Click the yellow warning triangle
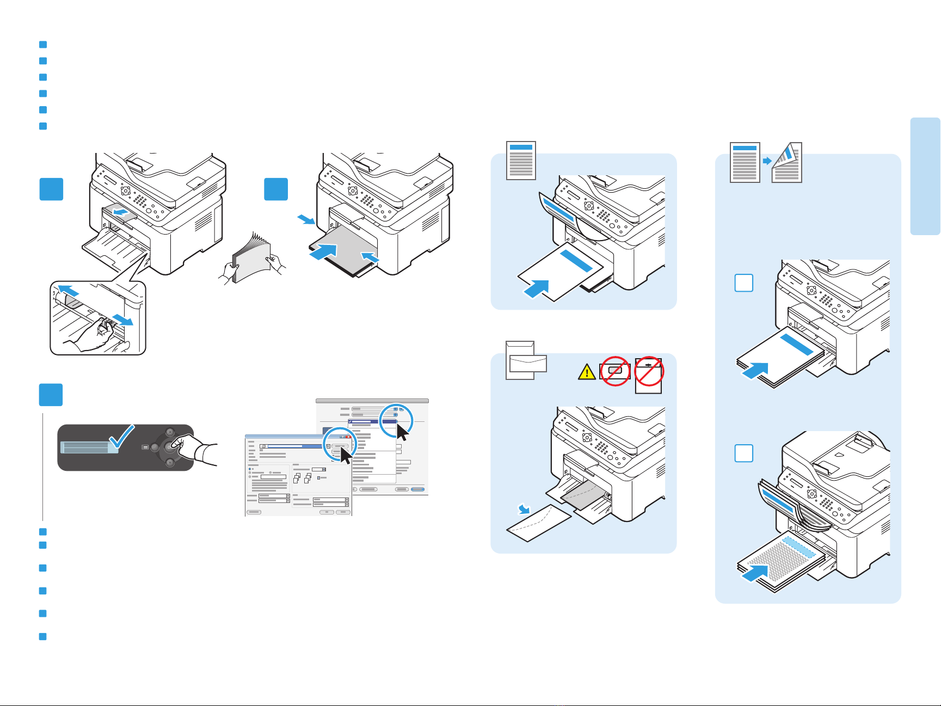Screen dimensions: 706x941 [x=587, y=372]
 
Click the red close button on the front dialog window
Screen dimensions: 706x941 [x=348, y=437]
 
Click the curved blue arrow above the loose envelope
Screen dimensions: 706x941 [x=525, y=509]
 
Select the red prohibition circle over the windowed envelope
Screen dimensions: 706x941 [x=615, y=371]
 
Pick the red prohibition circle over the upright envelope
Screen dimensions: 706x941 [x=649, y=370]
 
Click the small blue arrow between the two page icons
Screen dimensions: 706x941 [x=766, y=161]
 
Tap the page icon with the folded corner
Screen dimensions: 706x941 [x=786, y=162]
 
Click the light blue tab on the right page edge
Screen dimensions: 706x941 [x=925, y=176]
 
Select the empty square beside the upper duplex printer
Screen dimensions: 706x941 [x=744, y=283]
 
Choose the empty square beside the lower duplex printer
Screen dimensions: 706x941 [x=744, y=453]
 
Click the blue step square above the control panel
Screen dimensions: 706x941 [x=51, y=395]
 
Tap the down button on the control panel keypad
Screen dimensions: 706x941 [x=169, y=463]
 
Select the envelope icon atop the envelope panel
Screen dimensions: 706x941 [x=526, y=360]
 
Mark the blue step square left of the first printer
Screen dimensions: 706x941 [x=51, y=189]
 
